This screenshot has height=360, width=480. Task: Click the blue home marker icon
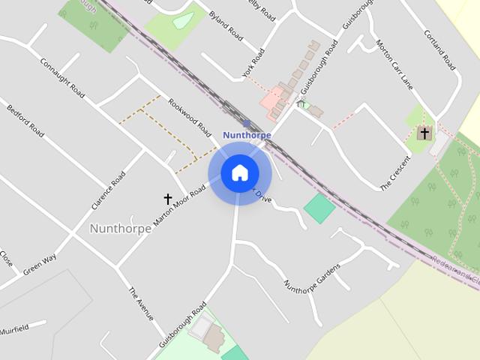[x=239, y=173]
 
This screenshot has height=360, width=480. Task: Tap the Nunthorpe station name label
[x=247, y=135]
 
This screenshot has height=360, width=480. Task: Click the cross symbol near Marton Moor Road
[x=168, y=199]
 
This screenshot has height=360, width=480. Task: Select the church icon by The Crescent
[x=424, y=133]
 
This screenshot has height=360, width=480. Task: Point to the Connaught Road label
[x=62, y=78]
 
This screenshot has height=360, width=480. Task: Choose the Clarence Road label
[x=107, y=191]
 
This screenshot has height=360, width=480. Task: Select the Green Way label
[x=39, y=265]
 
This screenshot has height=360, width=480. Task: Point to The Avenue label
[x=141, y=304]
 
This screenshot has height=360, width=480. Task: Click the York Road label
[x=254, y=65]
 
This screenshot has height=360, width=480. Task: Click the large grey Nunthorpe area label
[x=120, y=228]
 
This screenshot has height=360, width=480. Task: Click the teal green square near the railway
[x=320, y=208]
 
